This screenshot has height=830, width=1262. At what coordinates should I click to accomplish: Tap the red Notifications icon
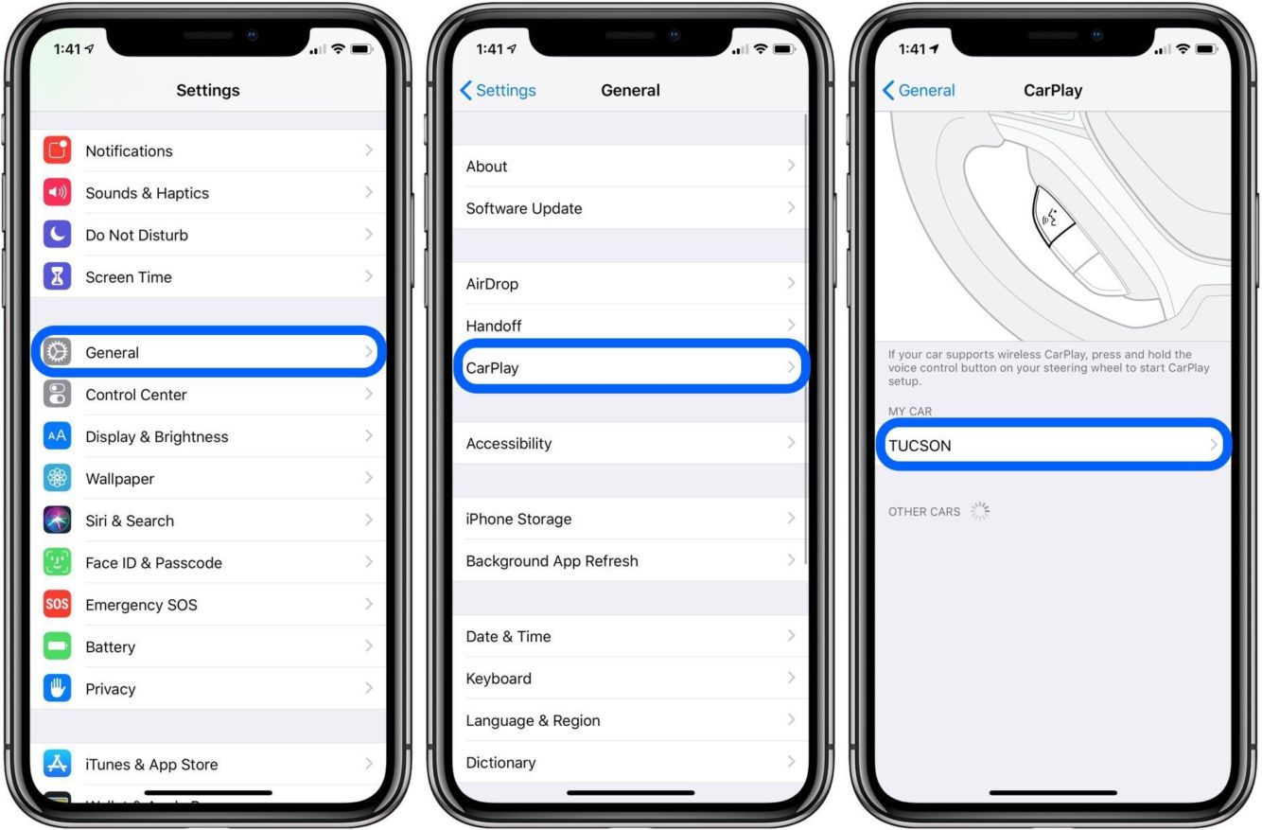click(x=57, y=150)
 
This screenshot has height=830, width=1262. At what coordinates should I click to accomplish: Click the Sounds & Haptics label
click(x=147, y=193)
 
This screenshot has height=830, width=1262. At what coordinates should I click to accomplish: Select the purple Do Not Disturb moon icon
click(x=57, y=235)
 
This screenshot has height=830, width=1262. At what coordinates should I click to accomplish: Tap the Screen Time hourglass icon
click(x=57, y=276)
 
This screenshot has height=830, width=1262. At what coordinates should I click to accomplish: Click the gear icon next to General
click(x=57, y=352)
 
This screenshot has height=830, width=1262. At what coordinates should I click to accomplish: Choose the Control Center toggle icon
click(x=57, y=395)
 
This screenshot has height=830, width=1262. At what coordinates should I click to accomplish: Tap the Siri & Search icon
click(x=57, y=521)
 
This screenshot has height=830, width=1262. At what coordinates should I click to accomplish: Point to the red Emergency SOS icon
click(x=57, y=604)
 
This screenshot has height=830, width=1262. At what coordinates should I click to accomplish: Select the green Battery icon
click(x=57, y=646)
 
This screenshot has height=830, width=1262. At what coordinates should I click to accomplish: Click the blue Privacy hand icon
click(x=57, y=688)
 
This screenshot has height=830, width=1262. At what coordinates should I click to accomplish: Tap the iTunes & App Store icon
click(x=57, y=764)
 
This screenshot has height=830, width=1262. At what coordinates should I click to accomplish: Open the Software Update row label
click(x=524, y=208)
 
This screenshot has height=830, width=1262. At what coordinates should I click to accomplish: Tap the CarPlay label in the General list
click(x=492, y=368)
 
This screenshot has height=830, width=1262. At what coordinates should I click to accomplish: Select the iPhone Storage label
click(x=518, y=519)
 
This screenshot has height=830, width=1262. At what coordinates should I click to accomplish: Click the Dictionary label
click(x=500, y=763)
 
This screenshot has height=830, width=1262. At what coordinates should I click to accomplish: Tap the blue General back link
click(x=919, y=90)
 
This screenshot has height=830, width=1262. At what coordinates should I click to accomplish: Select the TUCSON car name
click(x=920, y=446)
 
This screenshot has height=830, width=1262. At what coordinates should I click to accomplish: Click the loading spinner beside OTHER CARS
click(x=980, y=511)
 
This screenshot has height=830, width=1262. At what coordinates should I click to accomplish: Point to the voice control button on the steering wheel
click(x=1051, y=216)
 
